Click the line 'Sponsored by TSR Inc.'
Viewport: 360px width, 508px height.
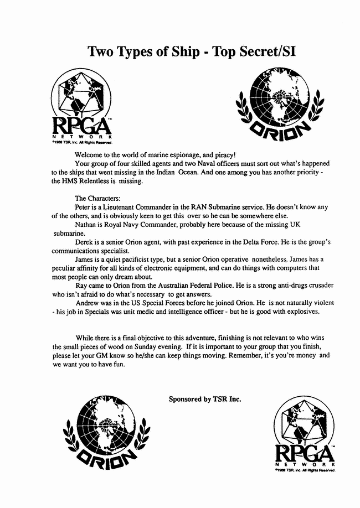pos(205,397)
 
